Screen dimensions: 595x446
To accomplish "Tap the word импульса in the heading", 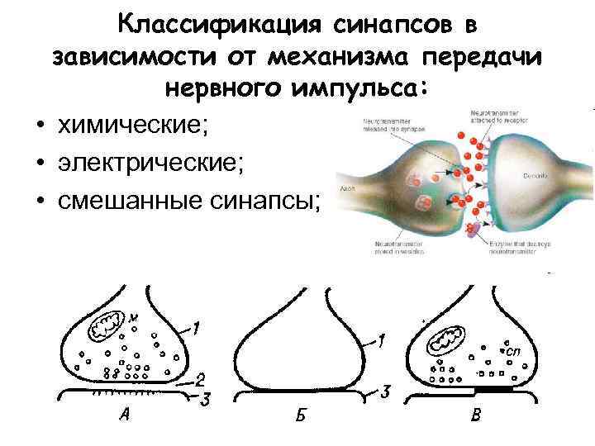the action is (351, 87).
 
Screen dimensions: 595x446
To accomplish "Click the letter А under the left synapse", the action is (123, 415).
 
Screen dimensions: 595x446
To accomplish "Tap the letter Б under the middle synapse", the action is (299, 415).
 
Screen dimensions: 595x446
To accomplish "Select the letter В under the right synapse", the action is (475, 415).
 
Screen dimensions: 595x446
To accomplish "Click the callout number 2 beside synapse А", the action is (199, 381).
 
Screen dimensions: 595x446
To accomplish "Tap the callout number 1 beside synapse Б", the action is (381, 339).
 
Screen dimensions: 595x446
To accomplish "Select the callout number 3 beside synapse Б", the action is (386, 390).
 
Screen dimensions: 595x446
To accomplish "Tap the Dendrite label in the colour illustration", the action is (533, 177).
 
